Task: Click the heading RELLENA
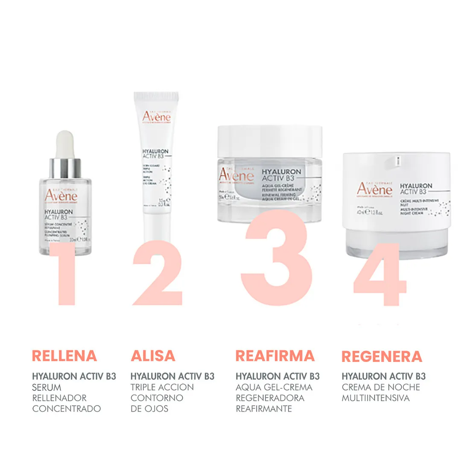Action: (64, 356)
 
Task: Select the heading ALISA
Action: (153, 356)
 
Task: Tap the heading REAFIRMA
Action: (275, 356)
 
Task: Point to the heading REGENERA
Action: (382, 356)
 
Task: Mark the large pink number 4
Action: (380, 275)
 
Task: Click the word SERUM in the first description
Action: (47, 387)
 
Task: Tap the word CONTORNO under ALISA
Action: (157, 398)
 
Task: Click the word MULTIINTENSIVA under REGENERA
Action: (376, 398)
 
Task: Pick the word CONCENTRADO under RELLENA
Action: (67, 408)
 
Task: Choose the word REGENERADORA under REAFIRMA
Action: (270, 398)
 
